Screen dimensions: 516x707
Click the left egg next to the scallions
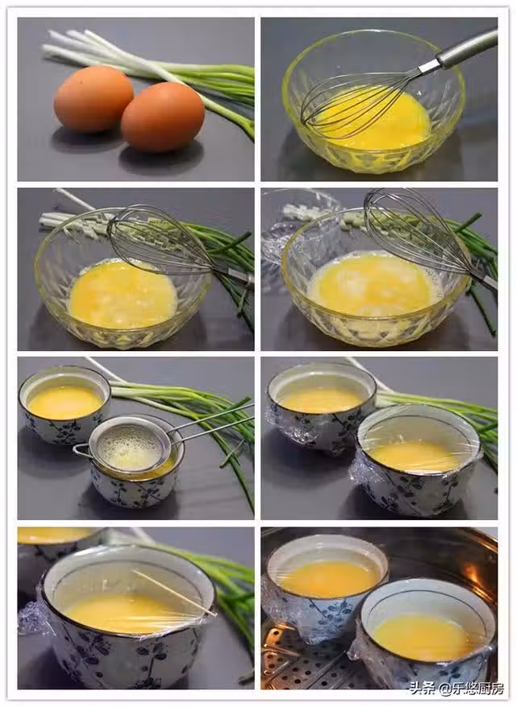tap(94, 99)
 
